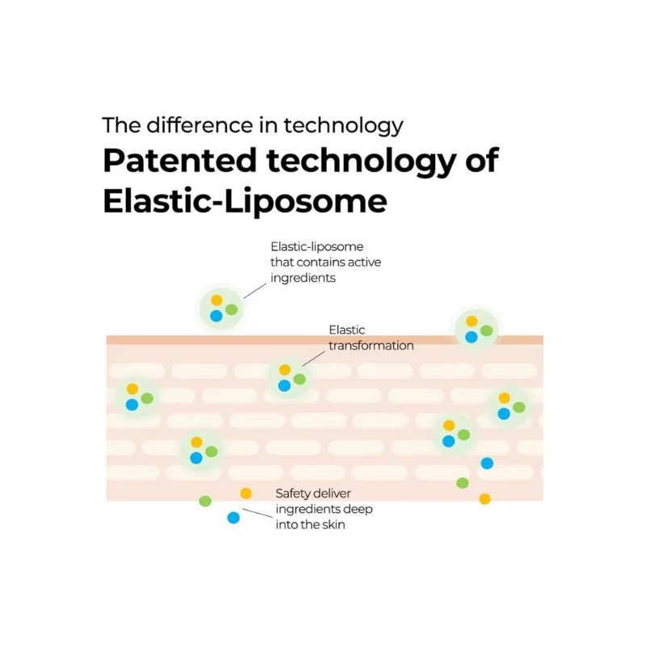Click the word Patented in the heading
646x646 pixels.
tap(179, 160)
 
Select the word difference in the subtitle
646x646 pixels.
tap(199, 125)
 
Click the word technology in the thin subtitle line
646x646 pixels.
tap(343, 126)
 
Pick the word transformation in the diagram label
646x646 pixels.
tap(371, 346)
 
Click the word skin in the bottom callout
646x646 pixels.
tap(333, 524)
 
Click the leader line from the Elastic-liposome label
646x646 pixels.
tap(255, 291)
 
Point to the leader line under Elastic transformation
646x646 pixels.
tap(313, 359)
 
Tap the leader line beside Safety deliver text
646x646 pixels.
tap(258, 513)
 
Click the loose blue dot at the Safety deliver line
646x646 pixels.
tap(233, 518)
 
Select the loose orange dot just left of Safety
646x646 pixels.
tap(246, 493)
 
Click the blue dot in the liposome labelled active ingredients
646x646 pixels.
tap(216, 316)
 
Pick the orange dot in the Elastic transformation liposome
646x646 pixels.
tap(285, 370)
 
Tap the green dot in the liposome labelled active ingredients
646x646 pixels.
tap(232, 309)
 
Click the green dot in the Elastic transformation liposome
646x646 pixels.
tap(300, 379)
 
